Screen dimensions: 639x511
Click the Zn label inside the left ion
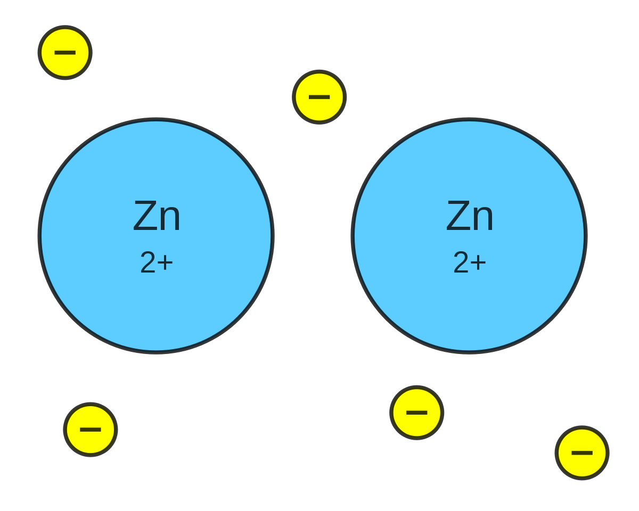[x=157, y=216]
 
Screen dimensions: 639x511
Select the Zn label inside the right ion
[x=470, y=216]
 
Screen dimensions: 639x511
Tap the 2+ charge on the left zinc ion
[x=157, y=262]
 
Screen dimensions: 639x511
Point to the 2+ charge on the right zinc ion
[x=470, y=262]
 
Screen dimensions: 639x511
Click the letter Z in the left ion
[x=145, y=216]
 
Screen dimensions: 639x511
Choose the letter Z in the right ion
[x=458, y=216]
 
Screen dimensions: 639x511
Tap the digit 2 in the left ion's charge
[x=148, y=262]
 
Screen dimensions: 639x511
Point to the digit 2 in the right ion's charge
[x=461, y=262]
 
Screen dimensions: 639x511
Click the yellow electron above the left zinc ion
[x=65, y=53]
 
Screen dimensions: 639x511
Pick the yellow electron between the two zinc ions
[x=319, y=97]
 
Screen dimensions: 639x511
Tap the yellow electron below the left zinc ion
[x=91, y=430]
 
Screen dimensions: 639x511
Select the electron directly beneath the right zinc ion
[x=417, y=413]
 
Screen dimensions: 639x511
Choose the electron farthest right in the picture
[x=582, y=453]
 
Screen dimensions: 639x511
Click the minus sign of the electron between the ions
[x=319, y=97]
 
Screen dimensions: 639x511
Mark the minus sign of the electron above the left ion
[x=65, y=53]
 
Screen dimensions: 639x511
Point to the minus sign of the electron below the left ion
[x=91, y=430]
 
